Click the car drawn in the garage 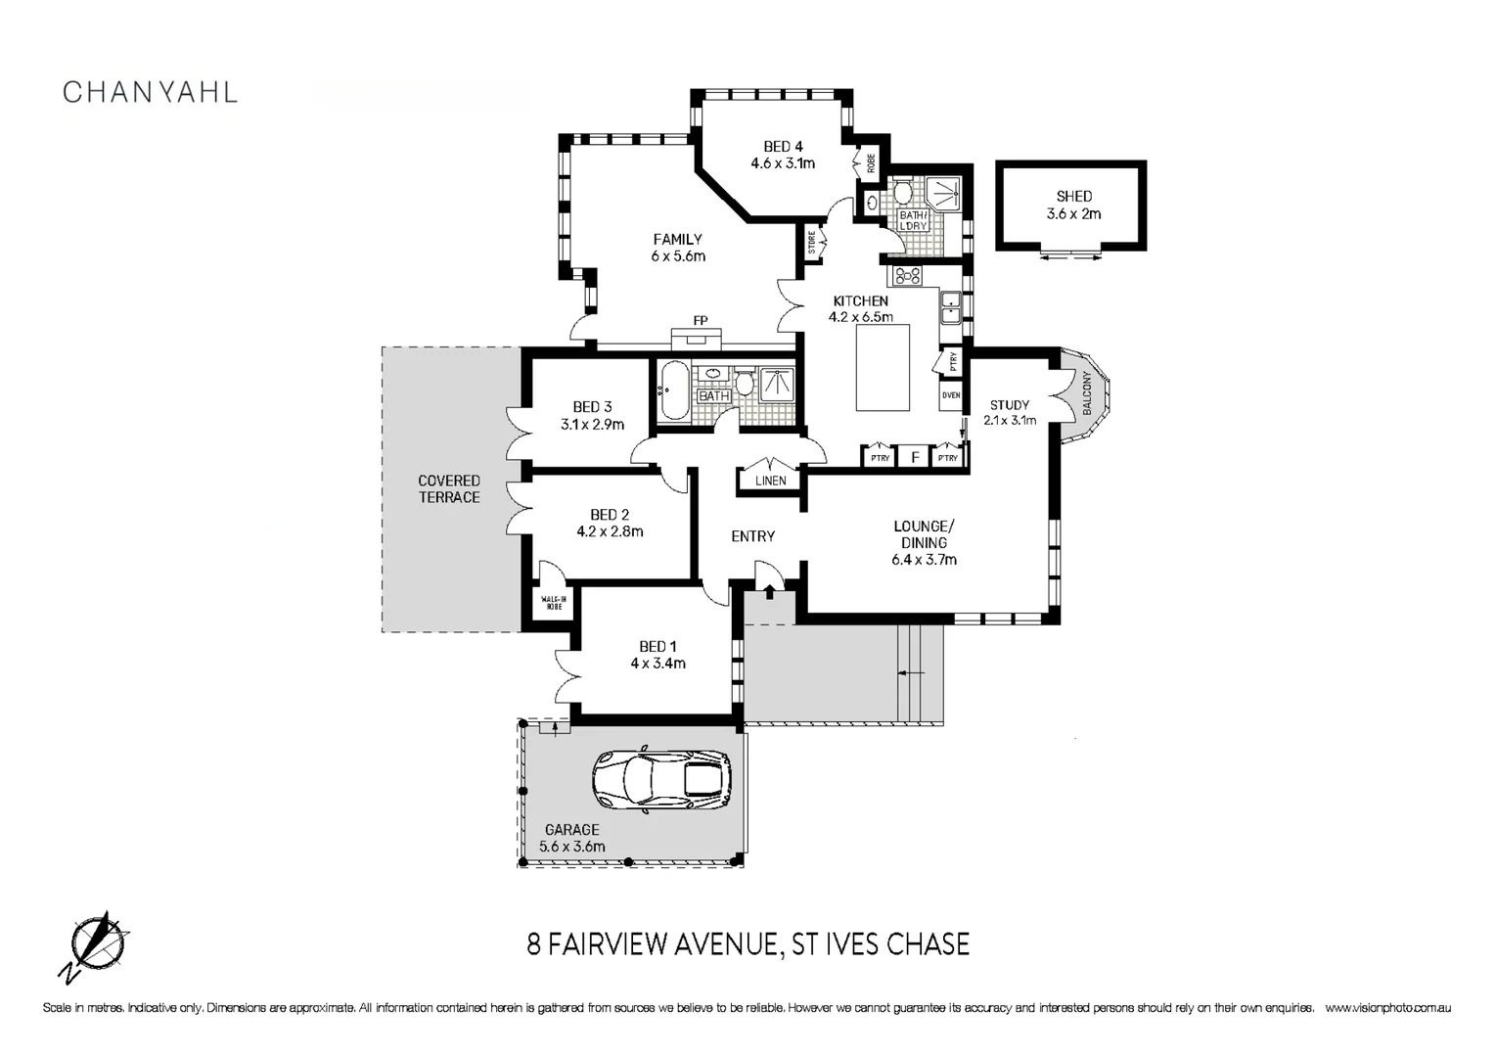(x=661, y=779)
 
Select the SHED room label (x=1074, y=197)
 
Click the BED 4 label (x=783, y=146)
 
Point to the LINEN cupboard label (x=771, y=481)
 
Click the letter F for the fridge (x=916, y=457)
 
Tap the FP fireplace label (x=701, y=321)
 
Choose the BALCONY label (x=1087, y=393)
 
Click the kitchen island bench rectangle (x=883, y=368)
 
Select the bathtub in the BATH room (x=673, y=391)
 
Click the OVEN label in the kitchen (x=951, y=395)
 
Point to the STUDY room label (x=1009, y=404)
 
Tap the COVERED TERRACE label (x=449, y=488)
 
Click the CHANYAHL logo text (x=150, y=93)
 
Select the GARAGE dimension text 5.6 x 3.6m (x=572, y=847)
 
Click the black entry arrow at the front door (x=769, y=591)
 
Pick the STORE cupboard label (x=811, y=242)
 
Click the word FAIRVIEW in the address (x=608, y=944)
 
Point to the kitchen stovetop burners (x=908, y=275)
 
